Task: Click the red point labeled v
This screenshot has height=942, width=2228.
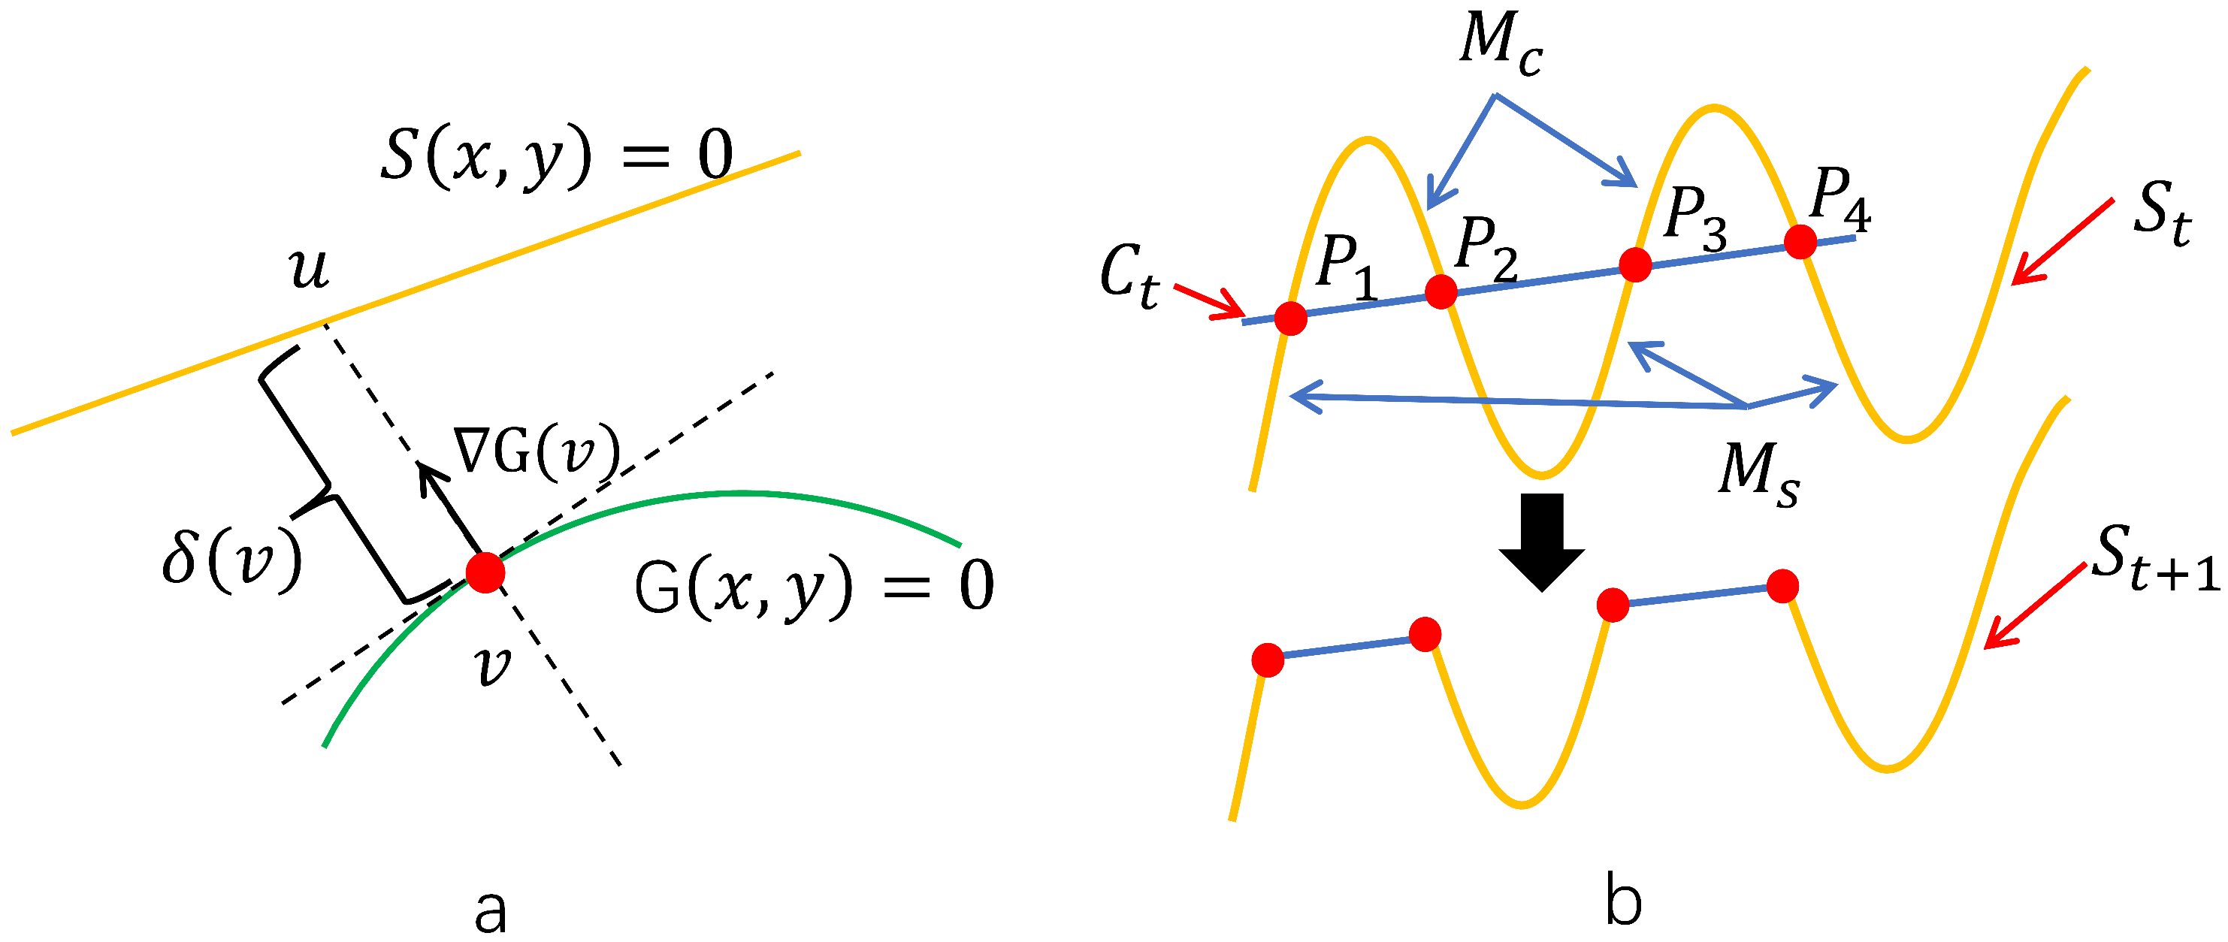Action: [485, 572]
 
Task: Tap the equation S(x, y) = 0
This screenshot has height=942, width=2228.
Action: [556, 155]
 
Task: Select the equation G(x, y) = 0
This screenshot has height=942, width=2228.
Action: [813, 586]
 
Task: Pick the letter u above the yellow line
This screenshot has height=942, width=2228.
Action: [310, 269]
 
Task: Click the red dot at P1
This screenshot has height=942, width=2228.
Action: [1290, 318]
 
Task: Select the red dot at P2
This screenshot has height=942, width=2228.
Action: [1440, 291]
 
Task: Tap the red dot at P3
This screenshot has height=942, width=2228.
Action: [1634, 264]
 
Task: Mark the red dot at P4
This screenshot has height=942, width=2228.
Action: [1800, 241]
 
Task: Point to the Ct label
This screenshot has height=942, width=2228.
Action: [1129, 276]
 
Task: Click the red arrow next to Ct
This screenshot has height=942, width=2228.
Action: [1209, 300]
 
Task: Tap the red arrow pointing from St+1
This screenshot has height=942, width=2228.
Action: [2033, 605]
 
